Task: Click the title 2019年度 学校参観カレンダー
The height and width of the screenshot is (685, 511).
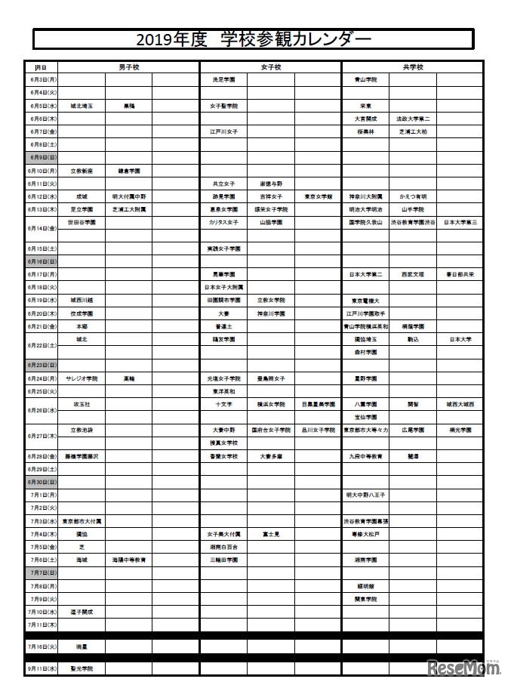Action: click(254, 39)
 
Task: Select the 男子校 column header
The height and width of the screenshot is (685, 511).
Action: click(128, 67)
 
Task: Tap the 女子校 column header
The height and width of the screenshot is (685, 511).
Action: click(270, 67)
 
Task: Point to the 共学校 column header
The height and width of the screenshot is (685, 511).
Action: click(412, 67)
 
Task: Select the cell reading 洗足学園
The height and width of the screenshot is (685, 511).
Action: click(223, 79)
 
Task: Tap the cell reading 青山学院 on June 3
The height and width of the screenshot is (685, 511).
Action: click(365, 79)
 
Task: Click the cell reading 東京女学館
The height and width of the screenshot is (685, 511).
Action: click(318, 196)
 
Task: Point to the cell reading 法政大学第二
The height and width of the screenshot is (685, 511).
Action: click(413, 119)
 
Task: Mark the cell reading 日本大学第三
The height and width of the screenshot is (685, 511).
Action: click(460, 223)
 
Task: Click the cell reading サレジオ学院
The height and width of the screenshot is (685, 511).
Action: click(82, 378)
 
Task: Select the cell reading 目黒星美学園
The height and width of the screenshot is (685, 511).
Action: click(318, 405)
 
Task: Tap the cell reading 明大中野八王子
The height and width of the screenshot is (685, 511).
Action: click(365, 495)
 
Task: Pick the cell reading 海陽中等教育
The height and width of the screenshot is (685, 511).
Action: click(129, 560)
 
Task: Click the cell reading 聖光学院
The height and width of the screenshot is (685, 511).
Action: click(82, 668)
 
